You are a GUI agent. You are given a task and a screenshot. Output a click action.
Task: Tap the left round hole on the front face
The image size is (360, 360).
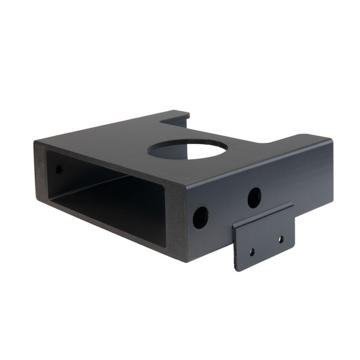tap(200, 217)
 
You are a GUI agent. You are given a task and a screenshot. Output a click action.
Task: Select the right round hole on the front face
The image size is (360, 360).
tap(254, 197)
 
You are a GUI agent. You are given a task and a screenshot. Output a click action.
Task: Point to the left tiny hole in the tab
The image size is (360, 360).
tap(252, 252)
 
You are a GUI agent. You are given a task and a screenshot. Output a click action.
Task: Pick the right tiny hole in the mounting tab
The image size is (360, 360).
tap(280, 239)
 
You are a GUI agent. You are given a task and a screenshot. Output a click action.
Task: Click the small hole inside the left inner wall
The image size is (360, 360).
tap(59, 170)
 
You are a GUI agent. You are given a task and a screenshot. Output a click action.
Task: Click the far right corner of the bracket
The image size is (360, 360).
tap(331, 140)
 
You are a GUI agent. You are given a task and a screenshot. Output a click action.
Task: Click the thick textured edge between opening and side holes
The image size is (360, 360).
tap(174, 216)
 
